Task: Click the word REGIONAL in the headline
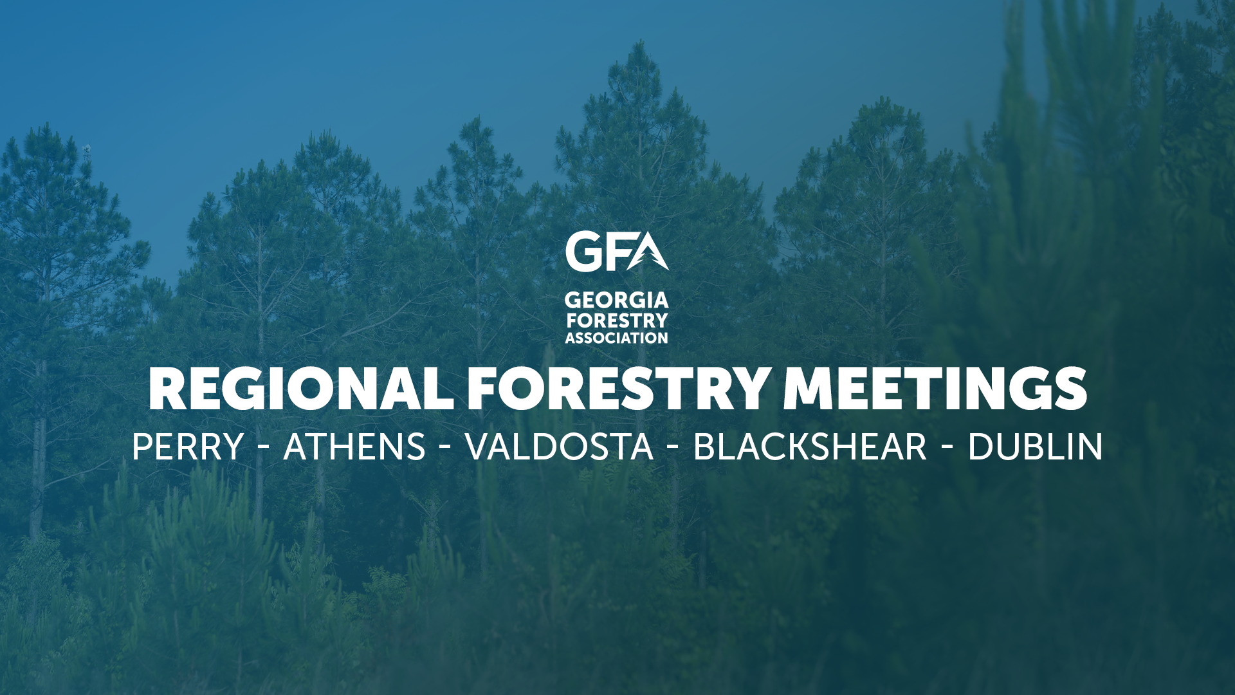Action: point(301,389)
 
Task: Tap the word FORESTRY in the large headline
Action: point(617,389)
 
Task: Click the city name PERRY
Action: point(188,447)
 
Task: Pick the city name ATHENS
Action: point(354,447)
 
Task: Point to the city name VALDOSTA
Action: point(559,447)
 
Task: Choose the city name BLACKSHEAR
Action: point(810,447)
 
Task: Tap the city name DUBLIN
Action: point(1035,447)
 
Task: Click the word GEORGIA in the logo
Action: point(617,301)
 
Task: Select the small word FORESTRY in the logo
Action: point(617,320)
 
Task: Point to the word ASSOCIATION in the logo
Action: point(617,338)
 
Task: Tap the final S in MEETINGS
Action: point(1070,389)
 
